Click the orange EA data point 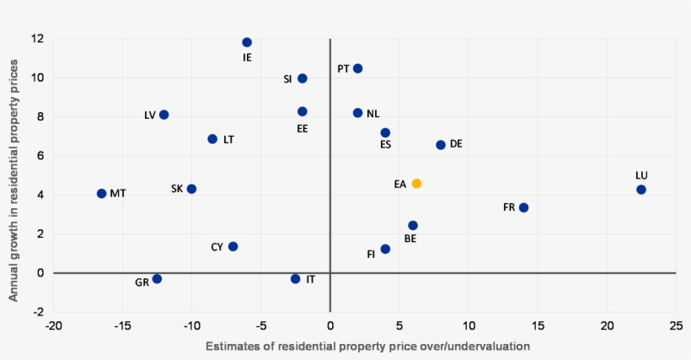click(x=416, y=183)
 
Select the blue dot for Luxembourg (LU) click(x=641, y=190)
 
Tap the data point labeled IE click(x=247, y=42)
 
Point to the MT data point click(x=102, y=193)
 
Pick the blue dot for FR click(x=523, y=207)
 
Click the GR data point click(x=157, y=278)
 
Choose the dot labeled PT click(x=357, y=68)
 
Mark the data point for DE click(x=441, y=145)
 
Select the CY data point click(x=233, y=246)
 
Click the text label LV click(x=150, y=116)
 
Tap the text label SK click(x=177, y=189)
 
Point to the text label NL click(x=372, y=113)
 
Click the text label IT click(x=311, y=279)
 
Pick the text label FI click(x=372, y=254)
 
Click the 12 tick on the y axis click(x=38, y=39)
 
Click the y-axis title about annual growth click(x=14, y=175)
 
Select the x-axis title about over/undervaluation click(x=367, y=347)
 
